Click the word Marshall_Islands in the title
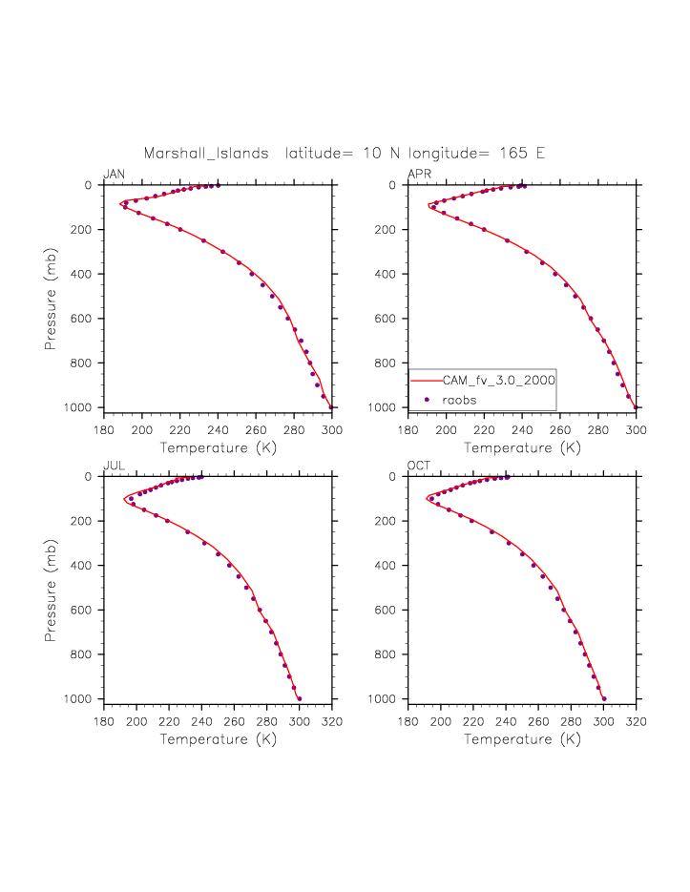(206, 153)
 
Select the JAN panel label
(114, 174)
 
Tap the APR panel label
(418, 174)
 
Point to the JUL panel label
(113, 465)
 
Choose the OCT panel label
(419, 465)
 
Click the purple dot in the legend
(427, 399)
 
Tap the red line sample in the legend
(427, 380)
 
